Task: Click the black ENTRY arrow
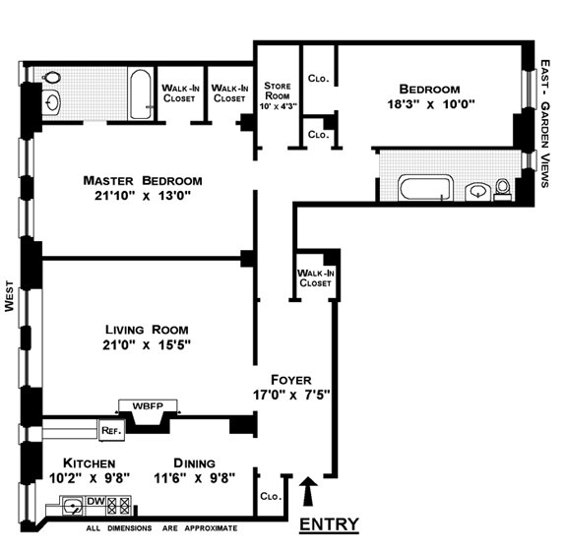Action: [308, 491]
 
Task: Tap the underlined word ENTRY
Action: [329, 523]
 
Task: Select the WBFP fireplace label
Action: [148, 406]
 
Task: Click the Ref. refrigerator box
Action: [112, 430]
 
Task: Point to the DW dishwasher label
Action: [95, 501]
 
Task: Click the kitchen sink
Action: [73, 506]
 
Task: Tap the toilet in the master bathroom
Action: [51, 77]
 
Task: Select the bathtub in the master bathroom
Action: [141, 94]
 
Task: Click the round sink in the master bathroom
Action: [51, 102]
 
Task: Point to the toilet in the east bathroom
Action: [502, 189]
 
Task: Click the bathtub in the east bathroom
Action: [425, 188]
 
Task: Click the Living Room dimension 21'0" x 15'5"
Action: [147, 344]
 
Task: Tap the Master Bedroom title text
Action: [143, 180]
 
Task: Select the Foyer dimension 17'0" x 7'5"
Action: [291, 395]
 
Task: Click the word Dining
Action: [195, 463]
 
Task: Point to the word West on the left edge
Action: [9, 296]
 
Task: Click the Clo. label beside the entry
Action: [271, 496]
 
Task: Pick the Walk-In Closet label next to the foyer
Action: [315, 277]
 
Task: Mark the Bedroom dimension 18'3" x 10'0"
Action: [431, 104]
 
